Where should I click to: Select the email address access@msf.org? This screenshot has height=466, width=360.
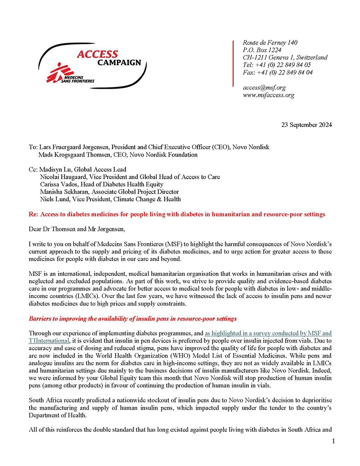264,88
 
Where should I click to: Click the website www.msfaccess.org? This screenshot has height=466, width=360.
269,95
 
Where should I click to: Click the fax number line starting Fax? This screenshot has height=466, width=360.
278,72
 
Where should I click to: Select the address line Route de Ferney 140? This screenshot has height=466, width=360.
270,43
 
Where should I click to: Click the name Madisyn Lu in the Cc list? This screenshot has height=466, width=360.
56,170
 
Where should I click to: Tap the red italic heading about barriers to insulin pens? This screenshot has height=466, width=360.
132,319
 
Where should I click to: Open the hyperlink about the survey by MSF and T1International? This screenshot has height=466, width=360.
268,333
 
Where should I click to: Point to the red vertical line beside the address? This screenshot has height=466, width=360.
233,63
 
